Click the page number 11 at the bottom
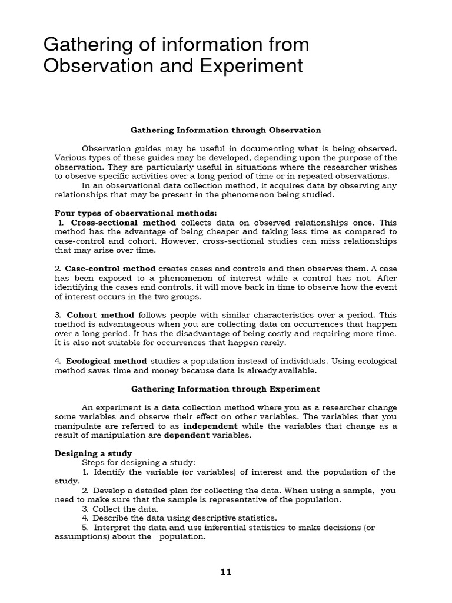coord(226,572)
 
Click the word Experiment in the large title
coord(255,66)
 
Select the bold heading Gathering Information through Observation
coord(225,130)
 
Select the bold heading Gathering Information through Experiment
coord(225,389)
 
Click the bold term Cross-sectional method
coord(123,223)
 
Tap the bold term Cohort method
coord(100,314)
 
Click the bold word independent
coord(210,426)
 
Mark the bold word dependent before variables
coord(186,435)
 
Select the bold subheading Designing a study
coord(93,453)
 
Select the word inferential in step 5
coord(220,528)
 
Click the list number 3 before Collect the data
coord(85,509)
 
